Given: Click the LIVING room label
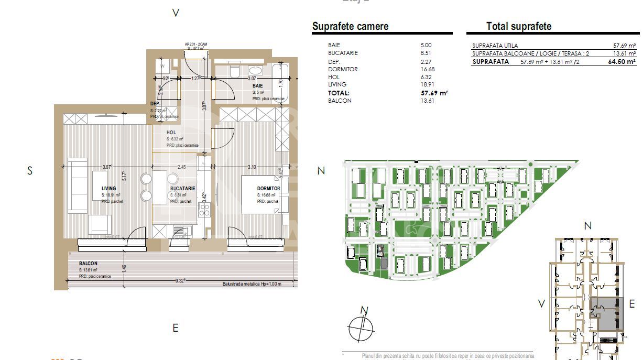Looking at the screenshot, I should [x=108, y=189].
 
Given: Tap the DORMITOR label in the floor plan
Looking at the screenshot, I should [x=268, y=189].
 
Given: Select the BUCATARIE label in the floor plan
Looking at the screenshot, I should [x=182, y=189].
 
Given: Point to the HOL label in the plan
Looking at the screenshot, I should [x=171, y=133].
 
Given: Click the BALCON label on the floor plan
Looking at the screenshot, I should [x=88, y=264].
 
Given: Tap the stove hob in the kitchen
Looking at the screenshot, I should [x=204, y=210].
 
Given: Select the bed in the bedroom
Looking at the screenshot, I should [x=260, y=194].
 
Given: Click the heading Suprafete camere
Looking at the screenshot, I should [x=350, y=27].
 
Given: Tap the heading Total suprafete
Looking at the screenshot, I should [x=518, y=27].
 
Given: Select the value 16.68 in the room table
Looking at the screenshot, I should [x=428, y=69].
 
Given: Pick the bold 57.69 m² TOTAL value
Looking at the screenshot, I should [x=435, y=93].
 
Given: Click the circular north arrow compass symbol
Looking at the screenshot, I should [x=362, y=328].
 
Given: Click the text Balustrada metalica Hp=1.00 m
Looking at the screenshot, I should [x=252, y=285].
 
